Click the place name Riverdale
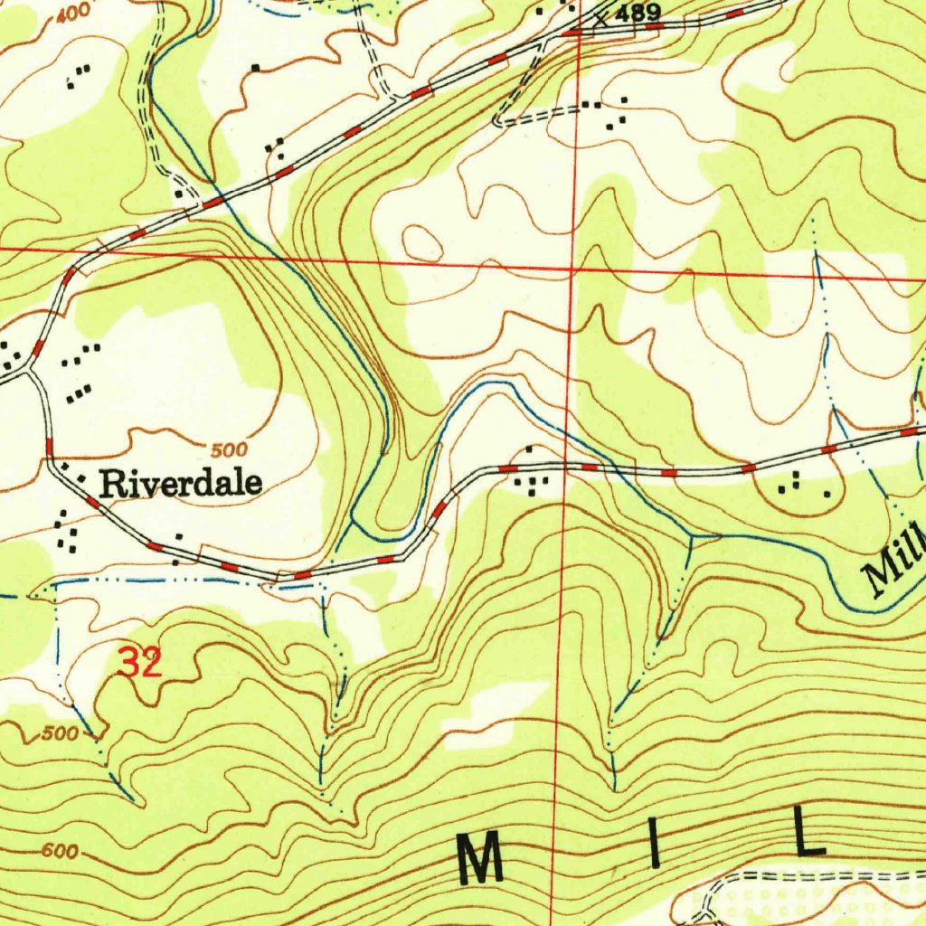pyautogui.click(x=181, y=483)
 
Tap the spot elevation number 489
pyautogui.click(x=638, y=13)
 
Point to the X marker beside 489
pyautogui.click(x=600, y=18)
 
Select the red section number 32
pyautogui.click(x=140, y=665)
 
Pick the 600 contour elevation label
pyautogui.click(x=59, y=852)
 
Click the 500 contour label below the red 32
pyautogui.click(x=60, y=733)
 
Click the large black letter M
pyautogui.click(x=480, y=860)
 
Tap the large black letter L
pyautogui.click(x=808, y=833)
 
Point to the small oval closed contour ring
pyautogui.click(x=422, y=241)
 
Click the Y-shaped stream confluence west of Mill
pyautogui.click(x=692, y=537)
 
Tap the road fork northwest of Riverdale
pyautogui.click(x=32, y=369)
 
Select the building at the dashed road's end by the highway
pyautogui.click(x=180, y=194)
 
